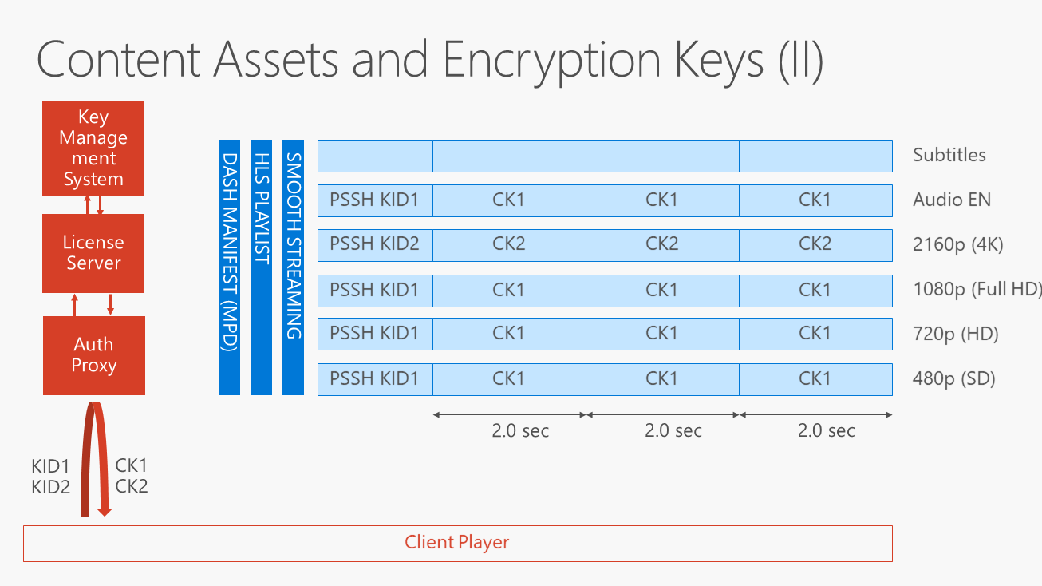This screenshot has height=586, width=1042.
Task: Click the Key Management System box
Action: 93,148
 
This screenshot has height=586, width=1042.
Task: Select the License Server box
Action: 93,253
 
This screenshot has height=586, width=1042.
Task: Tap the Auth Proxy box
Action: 94,355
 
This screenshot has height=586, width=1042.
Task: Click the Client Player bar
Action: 457,543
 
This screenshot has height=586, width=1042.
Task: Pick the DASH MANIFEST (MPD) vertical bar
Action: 229,267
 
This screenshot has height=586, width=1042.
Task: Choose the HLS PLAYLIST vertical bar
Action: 261,267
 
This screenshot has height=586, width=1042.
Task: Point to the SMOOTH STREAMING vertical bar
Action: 293,267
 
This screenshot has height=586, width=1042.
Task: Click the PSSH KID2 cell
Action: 374,244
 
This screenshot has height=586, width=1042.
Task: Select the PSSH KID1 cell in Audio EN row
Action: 374,200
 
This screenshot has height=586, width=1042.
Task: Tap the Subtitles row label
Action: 949,155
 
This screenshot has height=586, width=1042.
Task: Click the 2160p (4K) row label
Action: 957,244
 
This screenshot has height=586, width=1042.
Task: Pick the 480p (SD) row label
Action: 953,378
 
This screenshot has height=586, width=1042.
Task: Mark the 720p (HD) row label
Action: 955,334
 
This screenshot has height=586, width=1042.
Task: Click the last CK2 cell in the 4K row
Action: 815,244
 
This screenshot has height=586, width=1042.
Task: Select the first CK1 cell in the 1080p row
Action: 508,290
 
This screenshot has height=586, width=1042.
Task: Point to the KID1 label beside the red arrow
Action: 51,466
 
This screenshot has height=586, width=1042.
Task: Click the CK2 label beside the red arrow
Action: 132,486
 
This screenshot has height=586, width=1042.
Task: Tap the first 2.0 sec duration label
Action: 520,431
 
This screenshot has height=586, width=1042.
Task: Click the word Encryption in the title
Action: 551,60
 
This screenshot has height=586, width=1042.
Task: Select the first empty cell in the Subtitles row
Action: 374,156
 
